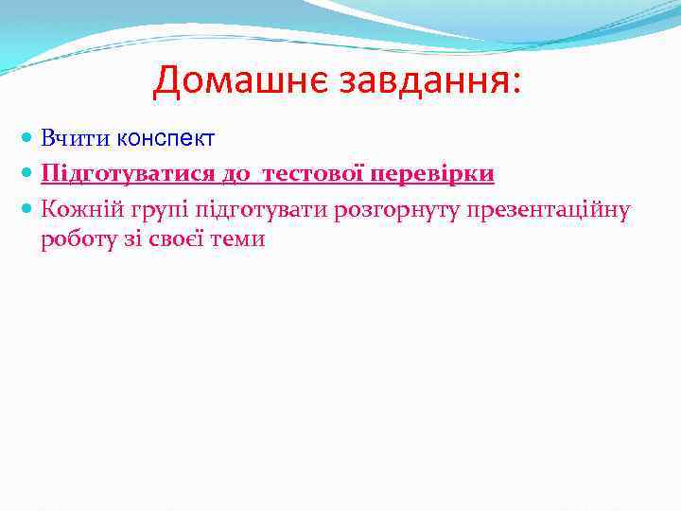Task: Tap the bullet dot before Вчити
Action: tap(27, 139)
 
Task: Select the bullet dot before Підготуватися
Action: tap(27, 174)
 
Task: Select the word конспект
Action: tap(166, 139)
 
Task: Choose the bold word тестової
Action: tap(312, 174)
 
